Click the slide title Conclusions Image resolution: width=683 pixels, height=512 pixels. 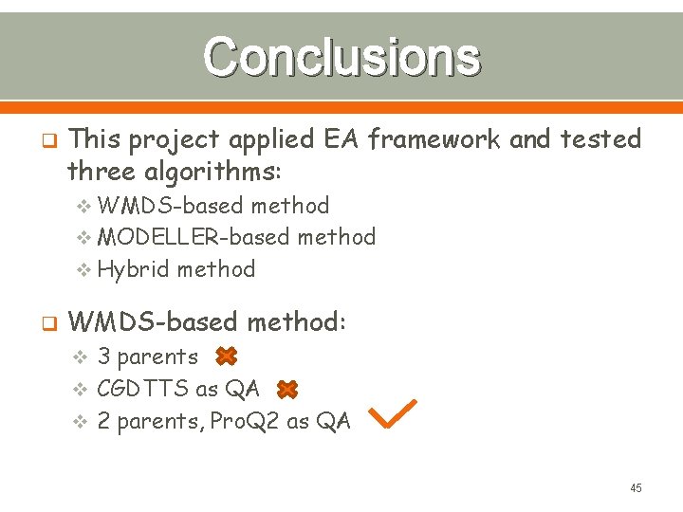(341, 56)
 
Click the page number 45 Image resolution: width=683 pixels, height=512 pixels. (636, 487)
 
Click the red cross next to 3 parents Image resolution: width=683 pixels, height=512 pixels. (225, 357)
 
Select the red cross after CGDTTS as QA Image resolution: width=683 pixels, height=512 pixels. (287, 389)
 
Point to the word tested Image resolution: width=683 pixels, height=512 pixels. (601, 139)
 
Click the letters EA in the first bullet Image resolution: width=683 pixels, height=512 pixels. (341, 139)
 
